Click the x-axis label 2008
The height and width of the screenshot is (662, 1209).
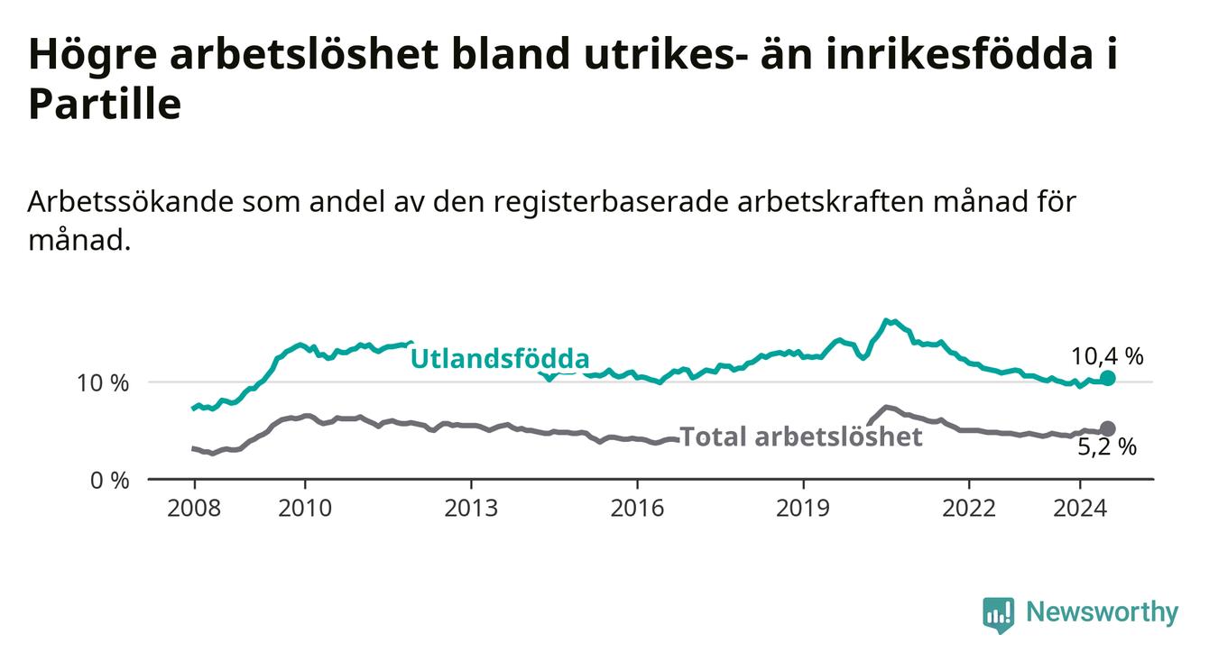(x=194, y=509)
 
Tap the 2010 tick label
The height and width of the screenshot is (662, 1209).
(x=305, y=509)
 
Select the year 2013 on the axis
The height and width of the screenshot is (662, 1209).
(x=471, y=509)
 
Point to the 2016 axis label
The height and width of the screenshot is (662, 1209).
(x=637, y=509)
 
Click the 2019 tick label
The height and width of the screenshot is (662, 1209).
(x=803, y=509)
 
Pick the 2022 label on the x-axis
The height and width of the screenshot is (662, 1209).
(x=969, y=509)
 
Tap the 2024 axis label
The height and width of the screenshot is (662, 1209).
(x=1080, y=509)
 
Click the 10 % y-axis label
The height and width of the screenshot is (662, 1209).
(x=103, y=383)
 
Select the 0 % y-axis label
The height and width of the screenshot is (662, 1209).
(x=110, y=480)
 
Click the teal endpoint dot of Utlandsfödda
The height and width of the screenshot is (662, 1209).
(x=1108, y=378)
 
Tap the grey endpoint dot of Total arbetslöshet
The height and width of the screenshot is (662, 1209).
(x=1108, y=429)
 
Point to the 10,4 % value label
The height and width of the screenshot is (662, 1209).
(x=1107, y=356)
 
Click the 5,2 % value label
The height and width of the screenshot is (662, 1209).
(x=1107, y=447)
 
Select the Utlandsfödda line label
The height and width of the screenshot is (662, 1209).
(x=500, y=359)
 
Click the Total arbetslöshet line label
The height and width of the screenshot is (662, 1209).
(x=801, y=437)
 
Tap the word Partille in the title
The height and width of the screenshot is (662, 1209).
(x=105, y=104)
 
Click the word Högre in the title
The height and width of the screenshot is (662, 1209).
(x=93, y=55)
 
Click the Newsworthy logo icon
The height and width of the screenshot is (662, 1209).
(x=998, y=614)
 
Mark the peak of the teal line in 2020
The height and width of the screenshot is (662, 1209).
(x=885, y=320)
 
